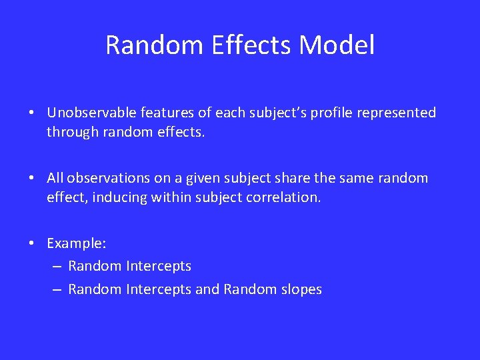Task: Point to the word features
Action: (164, 113)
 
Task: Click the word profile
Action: (328, 113)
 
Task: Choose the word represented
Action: (396, 113)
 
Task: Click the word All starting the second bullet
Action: (56, 178)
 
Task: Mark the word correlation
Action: (285, 197)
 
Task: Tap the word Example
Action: (71, 243)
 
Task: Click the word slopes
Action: (300, 289)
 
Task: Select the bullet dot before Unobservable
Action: (32, 113)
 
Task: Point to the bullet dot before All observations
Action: (32, 179)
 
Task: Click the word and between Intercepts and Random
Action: (207, 289)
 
